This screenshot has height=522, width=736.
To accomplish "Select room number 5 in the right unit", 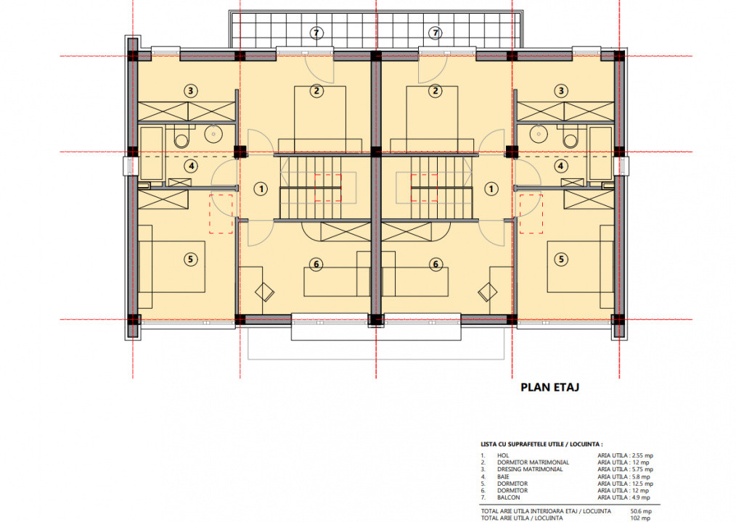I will (x=560, y=258).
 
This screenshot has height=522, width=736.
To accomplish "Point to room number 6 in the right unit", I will (x=436, y=265).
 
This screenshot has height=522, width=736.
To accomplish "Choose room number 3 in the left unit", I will (x=190, y=91).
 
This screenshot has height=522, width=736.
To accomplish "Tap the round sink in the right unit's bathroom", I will (x=538, y=133).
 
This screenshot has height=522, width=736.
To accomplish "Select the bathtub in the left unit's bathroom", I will (x=151, y=153).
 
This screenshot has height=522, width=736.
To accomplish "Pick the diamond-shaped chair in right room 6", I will (x=486, y=291).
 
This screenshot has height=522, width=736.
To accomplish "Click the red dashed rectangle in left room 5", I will (x=221, y=213).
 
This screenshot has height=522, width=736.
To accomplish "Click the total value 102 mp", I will (x=641, y=518).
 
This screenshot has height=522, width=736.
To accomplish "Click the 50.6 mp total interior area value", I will (x=642, y=510).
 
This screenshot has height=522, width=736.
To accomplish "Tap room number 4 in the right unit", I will (x=560, y=165).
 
